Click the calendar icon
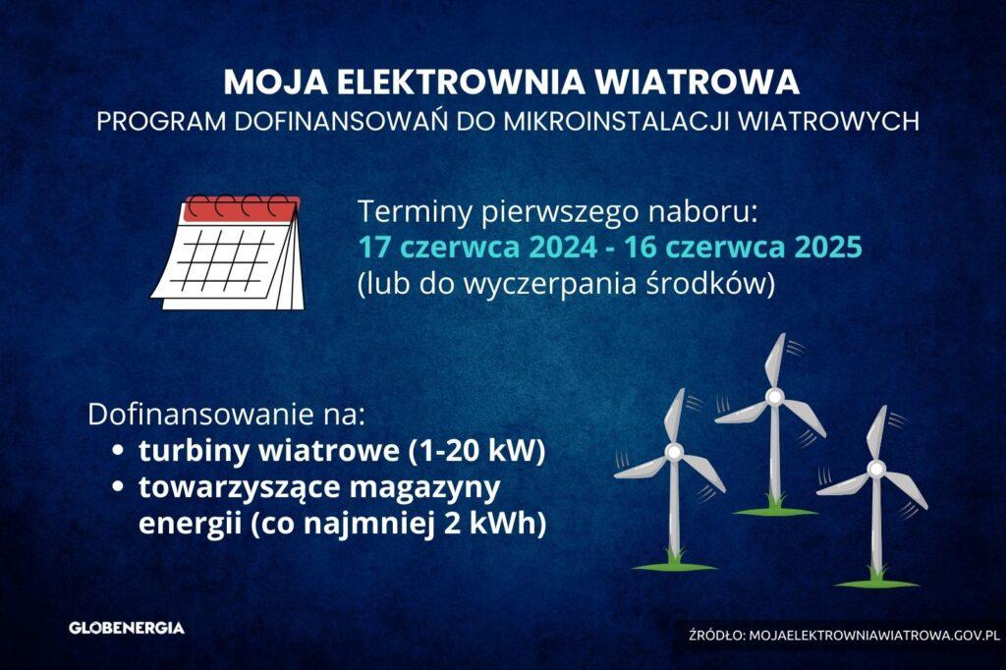pyautogui.click(x=228, y=252)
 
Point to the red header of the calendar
pyautogui.click(x=243, y=209)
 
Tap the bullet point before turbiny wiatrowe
pyautogui.click(x=117, y=451)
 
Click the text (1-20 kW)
pyautogui.click(x=476, y=451)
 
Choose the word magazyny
pyautogui.click(x=424, y=488)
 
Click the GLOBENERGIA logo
pyautogui.click(x=127, y=628)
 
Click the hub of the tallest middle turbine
pyautogui.click(x=774, y=397)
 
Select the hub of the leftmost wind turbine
pyautogui.click(x=673, y=453)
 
